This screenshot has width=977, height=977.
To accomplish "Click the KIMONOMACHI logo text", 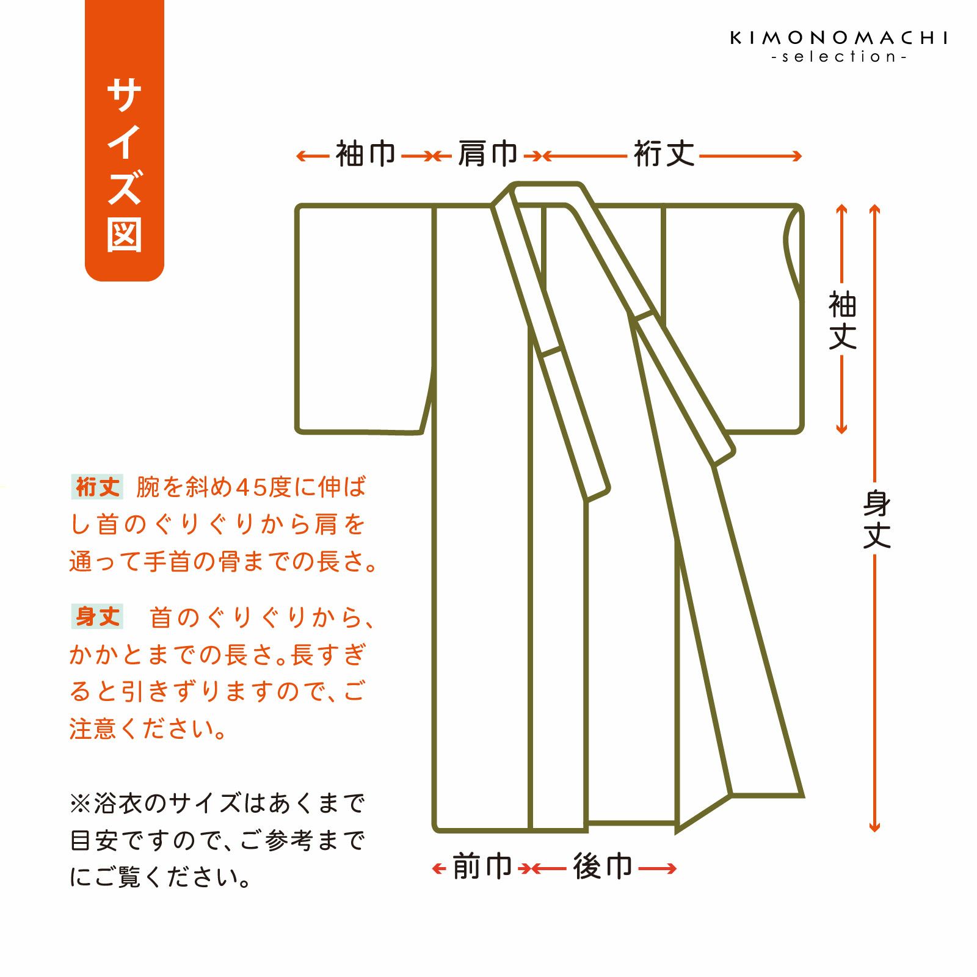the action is click(839, 38).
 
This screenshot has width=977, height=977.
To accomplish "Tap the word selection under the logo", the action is click(839, 57).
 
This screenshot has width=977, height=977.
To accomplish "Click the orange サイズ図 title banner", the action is click(125, 140).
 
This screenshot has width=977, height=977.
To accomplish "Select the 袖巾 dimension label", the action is click(366, 154).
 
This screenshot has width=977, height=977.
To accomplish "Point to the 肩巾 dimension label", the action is click(488, 154).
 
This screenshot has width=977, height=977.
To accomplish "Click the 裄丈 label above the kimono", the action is click(664, 154).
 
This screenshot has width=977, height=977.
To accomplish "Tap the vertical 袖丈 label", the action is click(843, 320).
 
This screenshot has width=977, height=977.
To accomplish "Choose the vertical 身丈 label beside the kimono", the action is click(876, 519).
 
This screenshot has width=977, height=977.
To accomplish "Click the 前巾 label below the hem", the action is click(482, 867).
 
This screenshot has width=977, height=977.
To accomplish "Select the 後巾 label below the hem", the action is click(603, 867).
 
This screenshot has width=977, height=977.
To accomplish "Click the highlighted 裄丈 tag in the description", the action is click(98, 487).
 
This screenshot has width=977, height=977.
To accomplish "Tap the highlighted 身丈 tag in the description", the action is click(98, 616).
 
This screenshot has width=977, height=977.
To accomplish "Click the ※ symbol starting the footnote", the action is click(80, 804).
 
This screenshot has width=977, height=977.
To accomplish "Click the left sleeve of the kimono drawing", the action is click(365, 319).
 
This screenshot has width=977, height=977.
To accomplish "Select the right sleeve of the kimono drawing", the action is click(733, 319).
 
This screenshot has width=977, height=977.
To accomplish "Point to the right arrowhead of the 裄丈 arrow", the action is click(797, 156).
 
